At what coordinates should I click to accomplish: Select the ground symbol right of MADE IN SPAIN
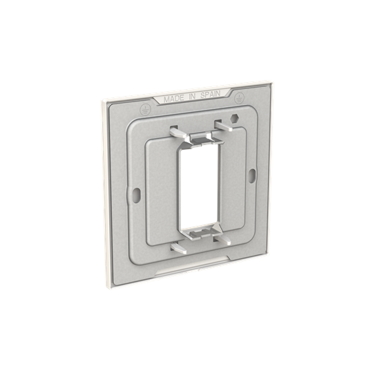(x=239, y=98)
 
